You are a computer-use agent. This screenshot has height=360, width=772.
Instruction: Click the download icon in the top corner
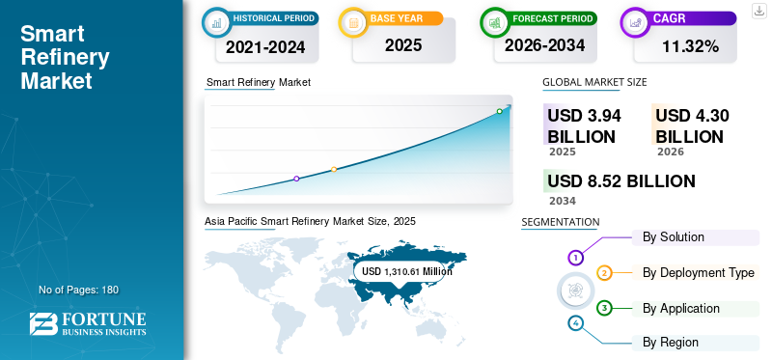(759, 11)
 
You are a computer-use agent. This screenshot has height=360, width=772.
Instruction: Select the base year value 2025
(403, 45)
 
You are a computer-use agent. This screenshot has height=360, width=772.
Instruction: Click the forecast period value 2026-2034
(544, 45)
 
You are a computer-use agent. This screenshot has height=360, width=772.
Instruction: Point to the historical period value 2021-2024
(265, 46)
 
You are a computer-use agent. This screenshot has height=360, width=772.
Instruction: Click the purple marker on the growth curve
(296, 179)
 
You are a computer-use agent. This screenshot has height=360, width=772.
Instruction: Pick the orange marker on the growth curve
(334, 170)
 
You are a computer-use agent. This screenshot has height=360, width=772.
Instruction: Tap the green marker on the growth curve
(499, 111)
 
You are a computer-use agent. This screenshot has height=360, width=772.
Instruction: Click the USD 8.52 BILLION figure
(621, 181)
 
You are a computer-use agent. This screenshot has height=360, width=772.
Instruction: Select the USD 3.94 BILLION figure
(585, 126)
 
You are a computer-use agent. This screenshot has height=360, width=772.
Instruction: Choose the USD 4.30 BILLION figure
(692, 126)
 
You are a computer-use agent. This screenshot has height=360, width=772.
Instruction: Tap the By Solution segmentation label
(673, 236)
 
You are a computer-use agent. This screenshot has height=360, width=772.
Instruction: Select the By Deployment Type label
(698, 272)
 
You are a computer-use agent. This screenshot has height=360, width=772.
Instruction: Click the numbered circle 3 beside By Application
(604, 308)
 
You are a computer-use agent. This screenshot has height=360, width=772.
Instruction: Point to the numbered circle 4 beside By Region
(575, 323)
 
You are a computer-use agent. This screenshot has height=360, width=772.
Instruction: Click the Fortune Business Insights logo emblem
(43, 324)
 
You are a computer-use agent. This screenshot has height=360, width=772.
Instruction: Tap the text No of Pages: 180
(79, 290)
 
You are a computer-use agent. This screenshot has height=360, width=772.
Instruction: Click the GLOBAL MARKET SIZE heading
(594, 82)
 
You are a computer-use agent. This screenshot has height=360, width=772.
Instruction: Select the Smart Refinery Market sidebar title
(65, 57)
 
